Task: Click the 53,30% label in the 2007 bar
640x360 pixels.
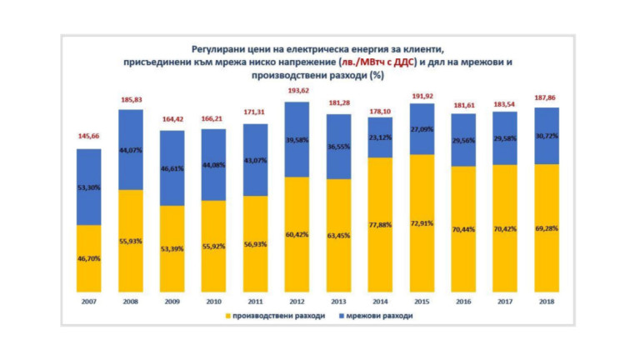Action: pyautogui.click(x=89, y=187)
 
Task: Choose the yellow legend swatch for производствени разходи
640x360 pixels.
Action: pyautogui.click(x=227, y=317)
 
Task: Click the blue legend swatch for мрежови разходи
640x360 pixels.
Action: pyautogui.click(x=341, y=317)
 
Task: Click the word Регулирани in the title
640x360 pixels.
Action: pyautogui.click(x=222, y=48)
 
